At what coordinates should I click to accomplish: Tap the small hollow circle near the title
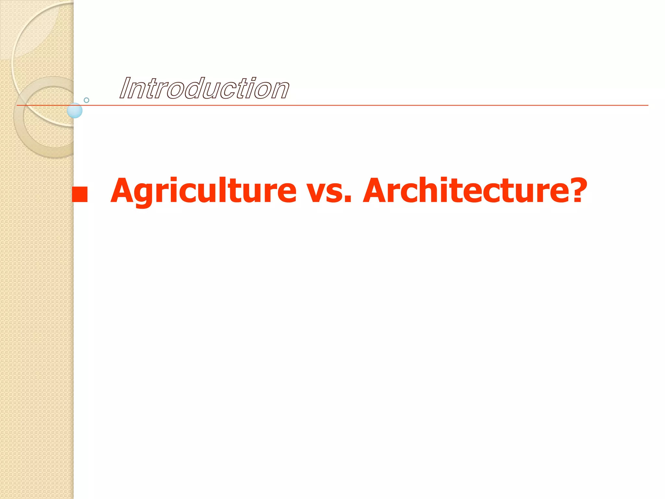pyautogui.click(x=86, y=100)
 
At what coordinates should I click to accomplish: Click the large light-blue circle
pyautogui.click(x=75, y=110)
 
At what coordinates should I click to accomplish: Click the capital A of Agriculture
pyautogui.click(x=125, y=191)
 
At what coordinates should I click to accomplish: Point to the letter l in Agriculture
pyautogui.click(x=229, y=190)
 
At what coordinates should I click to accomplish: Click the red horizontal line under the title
pyautogui.click(x=357, y=105)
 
